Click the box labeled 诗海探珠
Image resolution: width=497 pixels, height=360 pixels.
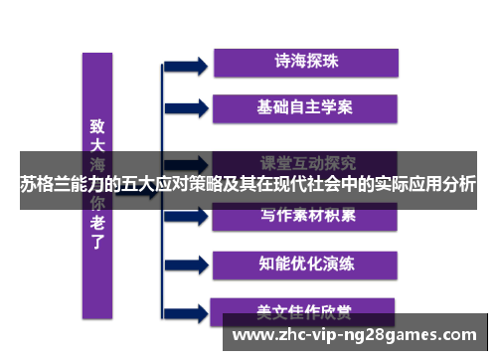[x=306, y=61]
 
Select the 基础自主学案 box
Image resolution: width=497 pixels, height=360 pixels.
[x=306, y=105]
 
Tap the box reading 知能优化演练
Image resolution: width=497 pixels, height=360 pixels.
[x=306, y=264]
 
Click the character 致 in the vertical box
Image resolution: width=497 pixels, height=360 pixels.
[x=97, y=127]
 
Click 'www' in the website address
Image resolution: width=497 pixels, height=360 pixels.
[x=250, y=335]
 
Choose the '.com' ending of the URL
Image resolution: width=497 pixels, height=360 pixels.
[x=456, y=335]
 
